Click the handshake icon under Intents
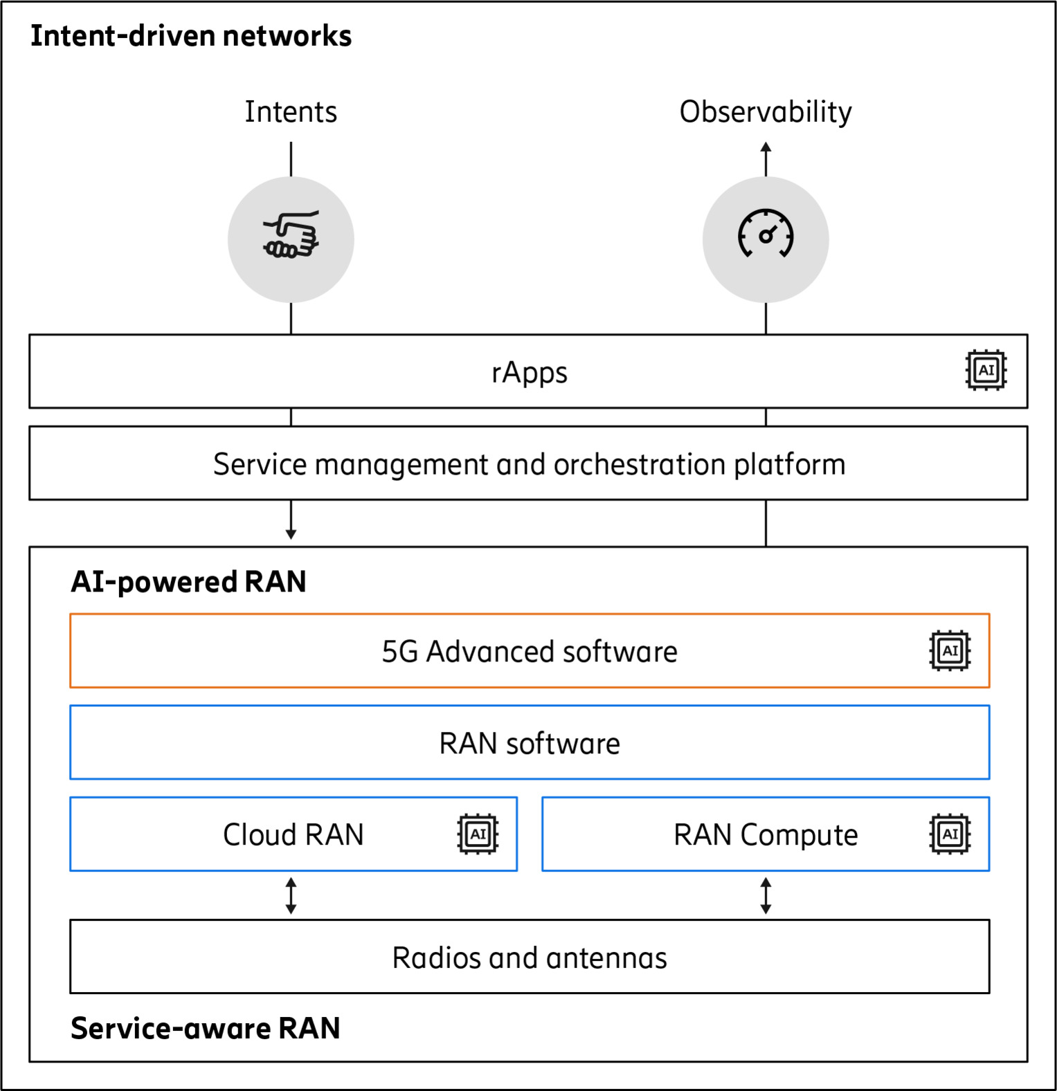click(291, 236)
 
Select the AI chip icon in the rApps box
click(986, 371)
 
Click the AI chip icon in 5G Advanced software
click(950, 651)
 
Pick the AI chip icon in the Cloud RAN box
click(478, 834)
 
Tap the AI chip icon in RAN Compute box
click(950, 834)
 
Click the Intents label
click(291, 112)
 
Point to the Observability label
click(766, 112)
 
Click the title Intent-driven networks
click(191, 36)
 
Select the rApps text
click(530, 373)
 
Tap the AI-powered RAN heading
click(188, 582)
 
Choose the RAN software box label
click(530, 744)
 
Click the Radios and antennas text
click(530, 958)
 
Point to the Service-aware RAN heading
click(206, 1029)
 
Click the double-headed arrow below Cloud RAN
click(291, 896)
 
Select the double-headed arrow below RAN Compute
click(766, 896)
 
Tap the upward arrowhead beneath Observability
click(766, 148)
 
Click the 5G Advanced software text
click(530, 652)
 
